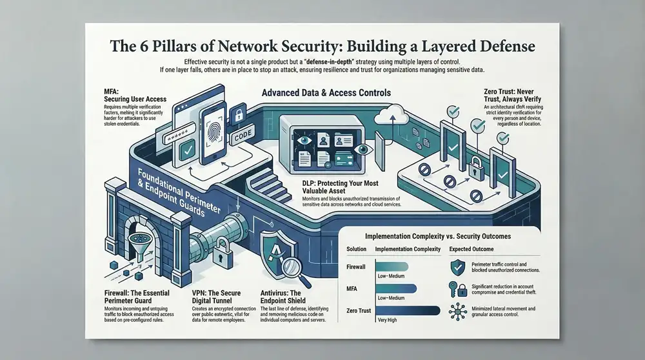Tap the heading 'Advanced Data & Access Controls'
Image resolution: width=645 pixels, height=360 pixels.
[x=326, y=93]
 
